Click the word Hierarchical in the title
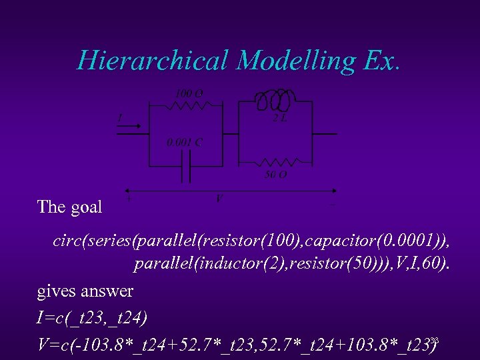click(x=153, y=61)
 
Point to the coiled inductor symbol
click(x=274, y=101)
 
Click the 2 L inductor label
click(x=280, y=119)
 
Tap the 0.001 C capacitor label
click(x=185, y=142)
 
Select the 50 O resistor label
click(x=276, y=175)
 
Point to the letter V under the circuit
click(x=219, y=198)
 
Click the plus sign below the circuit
click(x=128, y=199)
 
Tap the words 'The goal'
click(x=70, y=207)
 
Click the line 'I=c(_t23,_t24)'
click(x=92, y=317)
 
